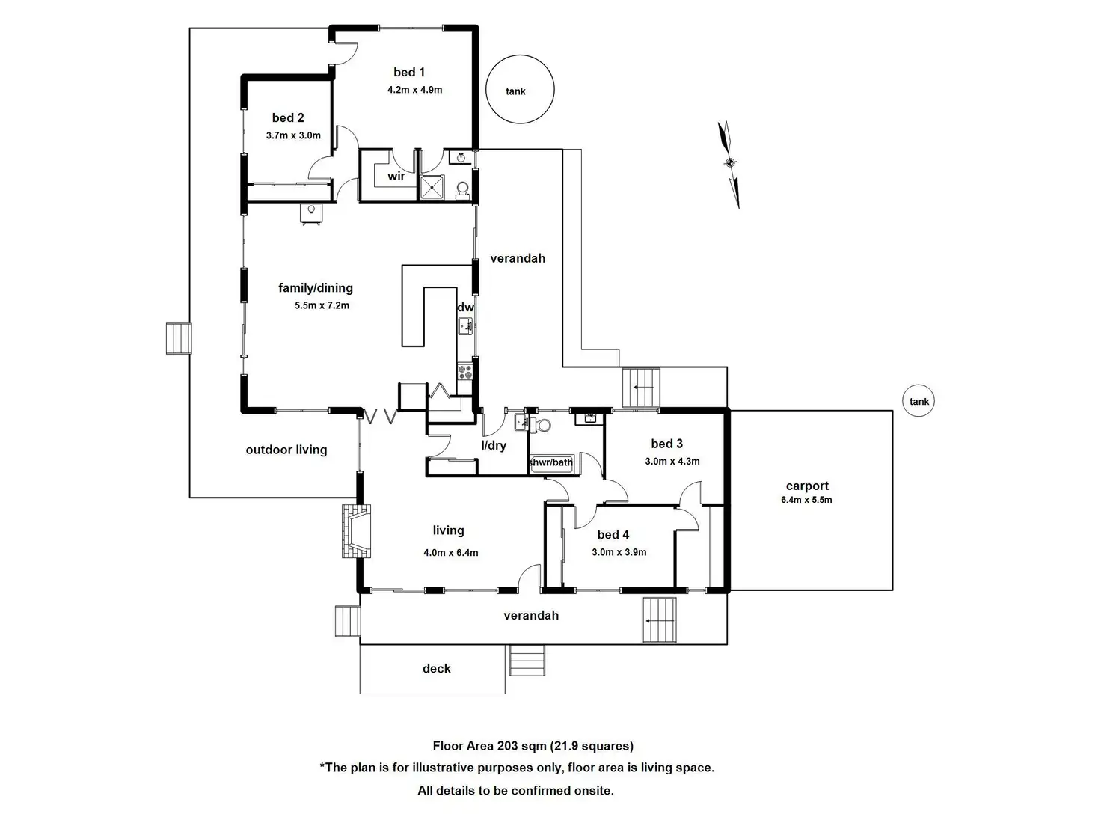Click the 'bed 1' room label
pyautogui.click(x=409, y=72)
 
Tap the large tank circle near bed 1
pyautogui.click(x=520, y=90)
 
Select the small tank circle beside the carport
pyautogui.click(x=919, y=401)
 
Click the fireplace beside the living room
pyautogui.click(x=356, y=531)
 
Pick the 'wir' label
pyautogui.click(x=396, y=177)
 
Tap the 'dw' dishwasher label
pyautogui.click(x=465, y=307)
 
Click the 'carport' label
pyautogui.click(x=807, y=486)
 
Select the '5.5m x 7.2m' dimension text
pyautogui.click(x=322, y=305)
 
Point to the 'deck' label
pyautogui.click(x=436, y=668)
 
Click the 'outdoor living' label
pyautogui.click(x=286, y=450)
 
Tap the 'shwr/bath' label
pyautogui.click(x=550, y=462)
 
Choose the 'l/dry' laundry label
pyautogui.click(x=493, y=445)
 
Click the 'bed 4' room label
pyautogui.click(x=613, y=534)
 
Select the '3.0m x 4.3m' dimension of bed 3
pyautogui.click(x=672, y=462)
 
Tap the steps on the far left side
pyautogui.click(x=179, y=338)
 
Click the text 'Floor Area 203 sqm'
pyautogui.click(x=490, y=745)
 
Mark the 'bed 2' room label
pyautogui.click(x=288, y=117)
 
